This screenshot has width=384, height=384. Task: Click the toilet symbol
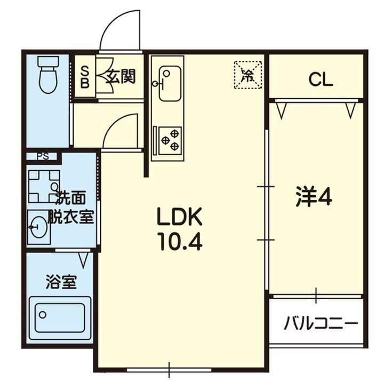click(x=48, y=75)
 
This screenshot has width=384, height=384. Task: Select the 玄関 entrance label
click(x=121, y=76)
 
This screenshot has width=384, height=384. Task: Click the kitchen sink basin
click(x=170, y=83)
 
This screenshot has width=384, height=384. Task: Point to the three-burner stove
click(x=170, y=141)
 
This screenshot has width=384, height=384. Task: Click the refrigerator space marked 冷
click(x=248, y=75)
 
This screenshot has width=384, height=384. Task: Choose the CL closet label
click(x=321, y=79)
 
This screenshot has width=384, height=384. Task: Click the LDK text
click(x=180, y=217)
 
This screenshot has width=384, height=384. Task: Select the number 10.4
click(x=180, y=242)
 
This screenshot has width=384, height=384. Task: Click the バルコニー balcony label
click(x=321, y=323)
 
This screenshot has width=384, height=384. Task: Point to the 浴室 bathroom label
click(x=61, y=282)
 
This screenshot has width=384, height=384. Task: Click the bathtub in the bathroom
click(x=60, y=318)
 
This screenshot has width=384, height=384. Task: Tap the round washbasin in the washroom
click(x=38, y=227)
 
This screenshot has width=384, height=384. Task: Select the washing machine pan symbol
click(x=44, y=186)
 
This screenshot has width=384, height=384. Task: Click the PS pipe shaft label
click(x=43, y=156)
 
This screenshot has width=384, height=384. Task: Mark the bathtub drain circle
click(x=43, y=315)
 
